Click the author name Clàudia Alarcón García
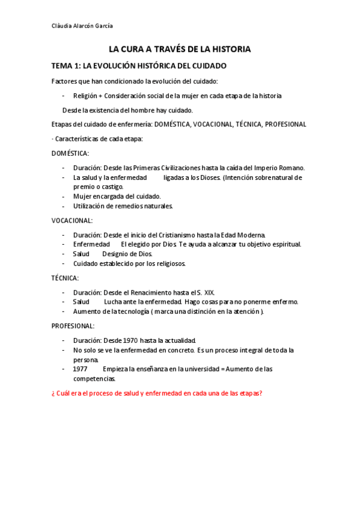tap(82, 26)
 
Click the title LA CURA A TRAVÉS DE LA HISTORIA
tap(179, 49)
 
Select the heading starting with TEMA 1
tap(139, 66)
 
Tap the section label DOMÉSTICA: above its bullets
tap(70, 153)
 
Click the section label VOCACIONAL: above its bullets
tap(72, 221)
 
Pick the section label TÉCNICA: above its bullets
tap(65, 278)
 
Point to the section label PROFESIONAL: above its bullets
tap(73, 325)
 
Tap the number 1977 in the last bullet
tap(81, 369)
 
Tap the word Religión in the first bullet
tap(85, 96)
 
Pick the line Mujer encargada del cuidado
tap(117, 197)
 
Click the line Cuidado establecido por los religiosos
tap(129, 263)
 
